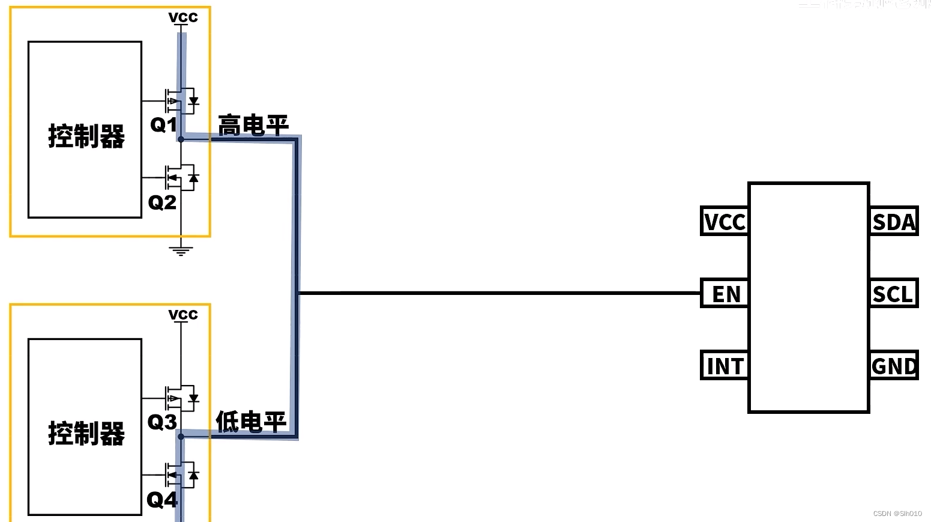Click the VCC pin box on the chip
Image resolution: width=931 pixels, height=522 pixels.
[725, 221]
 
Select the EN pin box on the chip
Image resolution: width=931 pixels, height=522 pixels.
[725, 294]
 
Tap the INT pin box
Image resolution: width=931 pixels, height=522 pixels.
[725, 365]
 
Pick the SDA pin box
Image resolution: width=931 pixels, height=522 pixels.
[894, 221]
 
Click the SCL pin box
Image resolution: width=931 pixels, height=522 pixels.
[894, 294]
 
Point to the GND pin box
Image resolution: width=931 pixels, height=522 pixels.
[894, 365]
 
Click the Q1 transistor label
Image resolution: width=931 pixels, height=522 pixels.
[163, 124]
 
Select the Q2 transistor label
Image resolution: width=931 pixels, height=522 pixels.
[162, 202]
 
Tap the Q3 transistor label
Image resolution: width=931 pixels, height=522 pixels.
[162, 422]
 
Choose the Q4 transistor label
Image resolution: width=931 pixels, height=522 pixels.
[162, 499]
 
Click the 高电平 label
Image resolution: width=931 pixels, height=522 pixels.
[253, 126]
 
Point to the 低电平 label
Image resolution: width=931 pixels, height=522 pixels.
[251, 422]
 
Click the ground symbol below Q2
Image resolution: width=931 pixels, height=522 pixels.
[181, 250]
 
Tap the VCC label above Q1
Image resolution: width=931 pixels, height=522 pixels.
[183, 17]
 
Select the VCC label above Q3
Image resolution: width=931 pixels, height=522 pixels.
[183, 315]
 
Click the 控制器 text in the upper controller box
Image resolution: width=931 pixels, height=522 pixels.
[86, 136]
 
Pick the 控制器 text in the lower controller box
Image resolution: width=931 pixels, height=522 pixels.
[86, 433]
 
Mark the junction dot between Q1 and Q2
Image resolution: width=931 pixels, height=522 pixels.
[181, 139]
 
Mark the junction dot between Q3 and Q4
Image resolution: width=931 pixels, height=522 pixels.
[181, 437]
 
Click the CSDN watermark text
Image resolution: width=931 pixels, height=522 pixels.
[897, 514]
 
